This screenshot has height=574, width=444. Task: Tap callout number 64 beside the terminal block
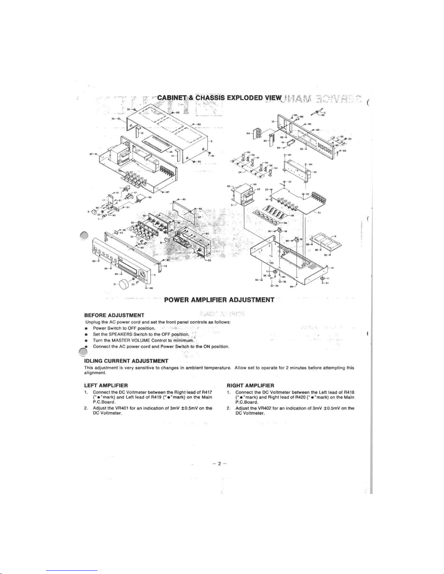coord(248,133)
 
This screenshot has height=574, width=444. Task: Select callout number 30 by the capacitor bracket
coord(315,172)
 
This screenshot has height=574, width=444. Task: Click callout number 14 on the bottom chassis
coord(332,268)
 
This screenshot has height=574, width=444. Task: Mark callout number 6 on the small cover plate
coord(336,236)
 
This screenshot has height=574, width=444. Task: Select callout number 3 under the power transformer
coord(232,205)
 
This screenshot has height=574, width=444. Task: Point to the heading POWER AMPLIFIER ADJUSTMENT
coord(219,300)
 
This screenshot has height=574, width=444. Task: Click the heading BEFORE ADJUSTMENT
coord(114,315)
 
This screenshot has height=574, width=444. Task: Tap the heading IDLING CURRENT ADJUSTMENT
coord(126,361)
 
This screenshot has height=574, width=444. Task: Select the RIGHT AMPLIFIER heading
coord(250,385)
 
